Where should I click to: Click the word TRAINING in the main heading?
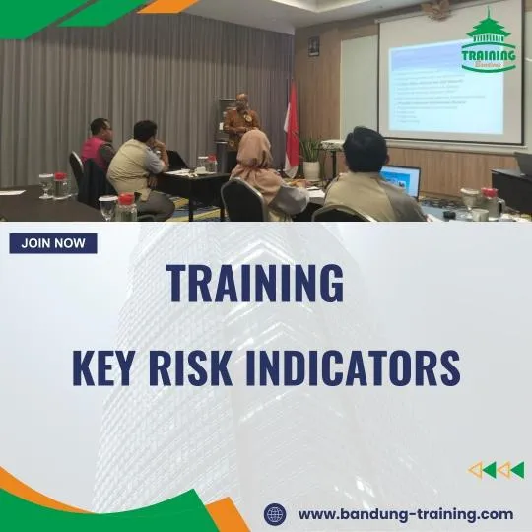(x=255, y=284)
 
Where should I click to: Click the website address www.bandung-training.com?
(x=405, y=513)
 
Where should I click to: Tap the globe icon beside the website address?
(x=275, y=513)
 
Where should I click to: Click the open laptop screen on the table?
(x=401, y=180)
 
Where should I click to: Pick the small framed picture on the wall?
(x=313, y=46)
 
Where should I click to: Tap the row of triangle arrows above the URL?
(x=496, y=470)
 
